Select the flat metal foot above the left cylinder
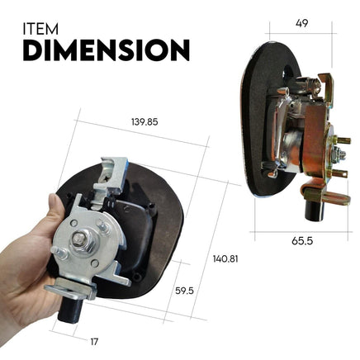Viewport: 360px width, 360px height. [67, 291]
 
